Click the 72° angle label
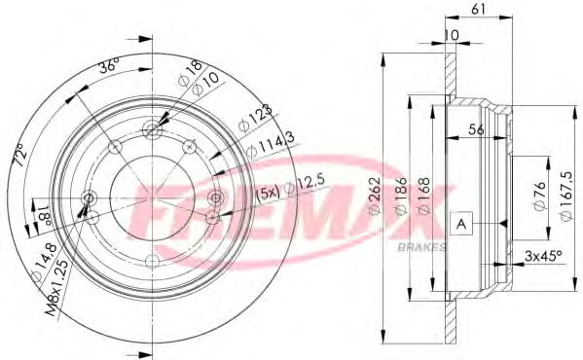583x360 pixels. [17, 157]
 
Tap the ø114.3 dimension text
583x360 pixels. [264, 147]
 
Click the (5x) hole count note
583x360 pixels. [269, 192]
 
